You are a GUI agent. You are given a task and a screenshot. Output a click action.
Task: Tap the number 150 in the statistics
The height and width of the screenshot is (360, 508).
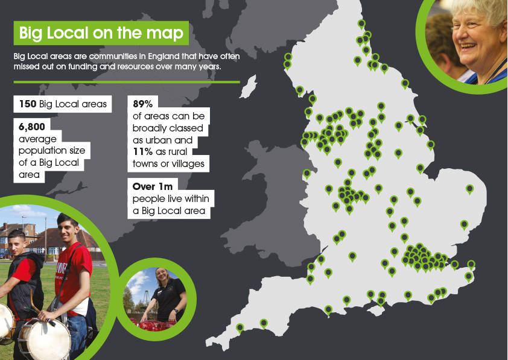coord(27,104)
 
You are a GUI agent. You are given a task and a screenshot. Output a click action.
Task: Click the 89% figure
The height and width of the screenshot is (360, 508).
coord(143,103)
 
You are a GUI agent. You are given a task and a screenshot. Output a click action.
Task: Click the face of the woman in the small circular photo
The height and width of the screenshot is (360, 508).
coord(164,279)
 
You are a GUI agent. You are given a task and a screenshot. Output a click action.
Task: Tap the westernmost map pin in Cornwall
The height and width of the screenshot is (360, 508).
coord(240,327)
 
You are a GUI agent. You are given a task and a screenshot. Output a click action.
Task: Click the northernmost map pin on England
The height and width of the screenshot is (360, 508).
coord(361,24)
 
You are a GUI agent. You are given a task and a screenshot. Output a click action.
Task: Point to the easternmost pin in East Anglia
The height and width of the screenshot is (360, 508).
coord(469,189)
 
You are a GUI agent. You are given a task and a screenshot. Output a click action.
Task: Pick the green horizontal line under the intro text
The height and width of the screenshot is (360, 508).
coord(127,81)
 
